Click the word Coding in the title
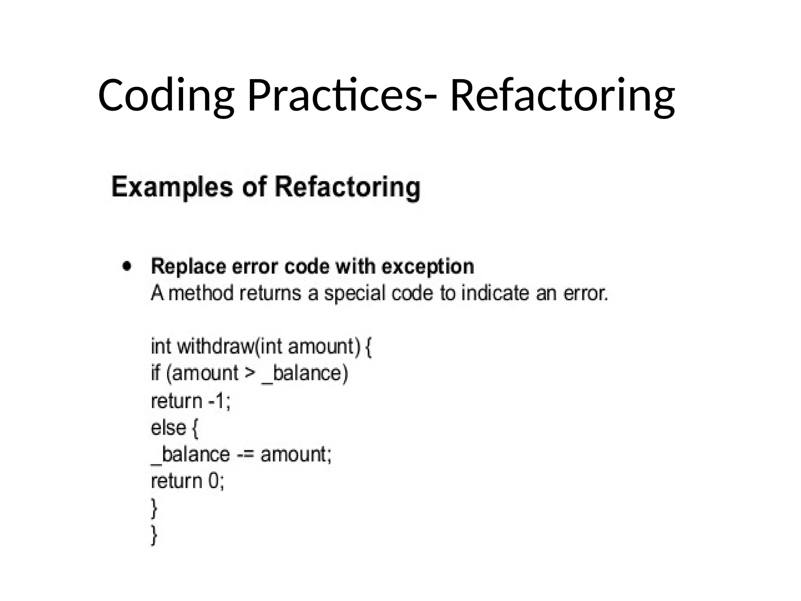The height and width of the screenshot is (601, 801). (x=166, y=96)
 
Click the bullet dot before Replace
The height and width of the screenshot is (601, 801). (x=127, y=266)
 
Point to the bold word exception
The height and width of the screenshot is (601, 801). (x=428, y=267)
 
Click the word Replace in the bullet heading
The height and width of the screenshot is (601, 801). (x=189, y=267)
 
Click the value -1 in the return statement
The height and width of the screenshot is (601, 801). (x=218, y=401)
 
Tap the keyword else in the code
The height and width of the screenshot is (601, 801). (x=168, y=428)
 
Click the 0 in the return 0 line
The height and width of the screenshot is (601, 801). (x=214, y=481)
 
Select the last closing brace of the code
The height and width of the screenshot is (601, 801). (x=154, y=534)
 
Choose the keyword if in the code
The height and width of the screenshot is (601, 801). (x=156, y=372)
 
